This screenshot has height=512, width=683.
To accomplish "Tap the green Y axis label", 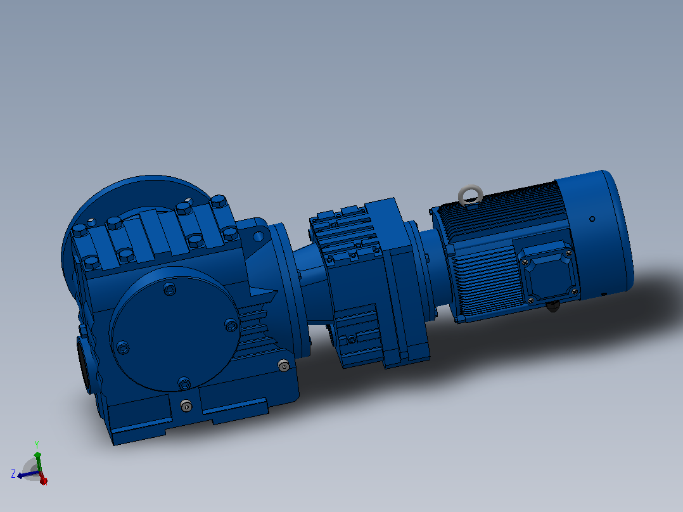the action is click(37, 444).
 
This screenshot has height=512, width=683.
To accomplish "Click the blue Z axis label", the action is click(13, 473).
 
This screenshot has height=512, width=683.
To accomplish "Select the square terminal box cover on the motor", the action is click(547, 271).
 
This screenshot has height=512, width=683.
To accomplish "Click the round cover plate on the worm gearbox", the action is click(175, 329).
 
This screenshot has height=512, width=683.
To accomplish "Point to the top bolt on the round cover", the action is click(169, 289).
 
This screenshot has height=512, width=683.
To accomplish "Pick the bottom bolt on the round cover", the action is click(184, 383).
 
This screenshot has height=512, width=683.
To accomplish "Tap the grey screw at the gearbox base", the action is click(186, 406).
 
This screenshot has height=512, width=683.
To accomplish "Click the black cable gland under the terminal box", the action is click(552, 306).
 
